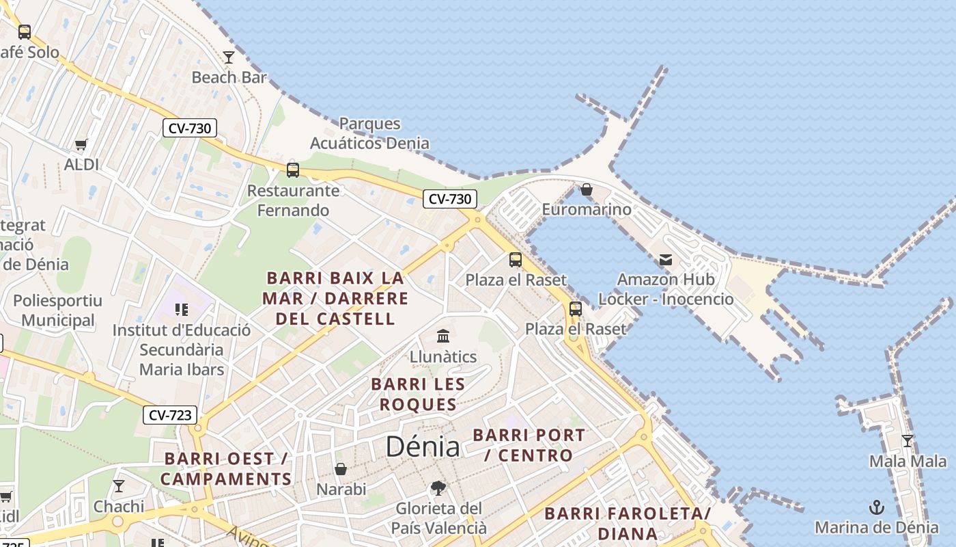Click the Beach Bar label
(x=229, y=77)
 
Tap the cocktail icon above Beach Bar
(x=229, y=57)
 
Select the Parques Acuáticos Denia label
(x=369, y=133)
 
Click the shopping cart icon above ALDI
(x=81, y=144)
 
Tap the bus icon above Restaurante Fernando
(x=293, y=170)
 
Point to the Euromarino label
(x=587, y=209)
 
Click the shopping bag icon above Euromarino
(x=587, y=189)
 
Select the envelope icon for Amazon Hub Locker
(x=666, y=260)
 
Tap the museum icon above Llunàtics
(x=443, y=336)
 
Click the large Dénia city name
(x=423, y=446)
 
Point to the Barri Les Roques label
(x=418, y=395)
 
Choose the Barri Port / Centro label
(x=529, y=445)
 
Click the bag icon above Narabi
(x=341, y=469)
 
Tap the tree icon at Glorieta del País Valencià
(x=438, y=488)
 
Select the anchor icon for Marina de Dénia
(x=876, y=507)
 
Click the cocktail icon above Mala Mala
(x=908, y=441)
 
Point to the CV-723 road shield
(x=171, y=415)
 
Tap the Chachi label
(x=119, y=507)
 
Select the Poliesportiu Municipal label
(x=58, y=310)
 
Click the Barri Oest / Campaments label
(x=226, y=469)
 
